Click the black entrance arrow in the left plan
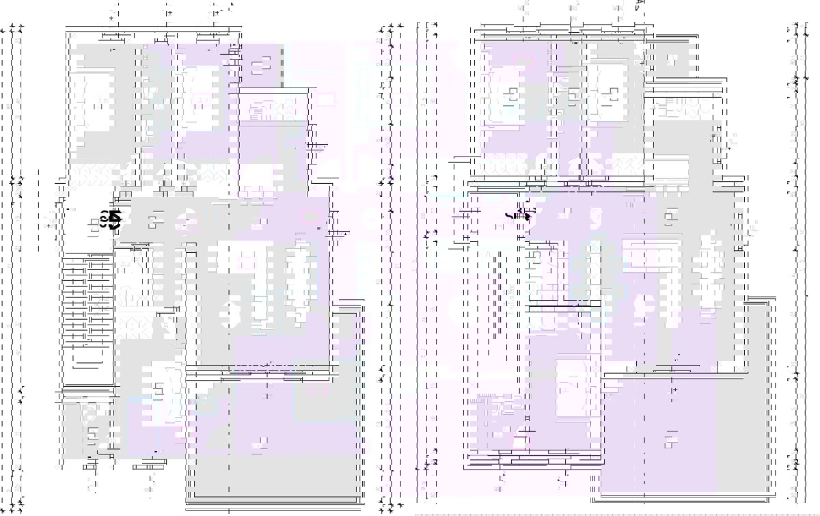[114, 219]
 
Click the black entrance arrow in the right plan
[526, 216]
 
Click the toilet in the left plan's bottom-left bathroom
[88, 413]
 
